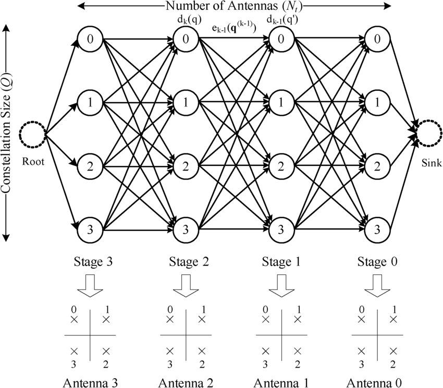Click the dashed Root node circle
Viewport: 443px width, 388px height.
point(32,135)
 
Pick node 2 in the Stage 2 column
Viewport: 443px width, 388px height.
point(186,166)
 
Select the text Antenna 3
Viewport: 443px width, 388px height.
point(90,381)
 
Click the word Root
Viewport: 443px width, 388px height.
point(32,162)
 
